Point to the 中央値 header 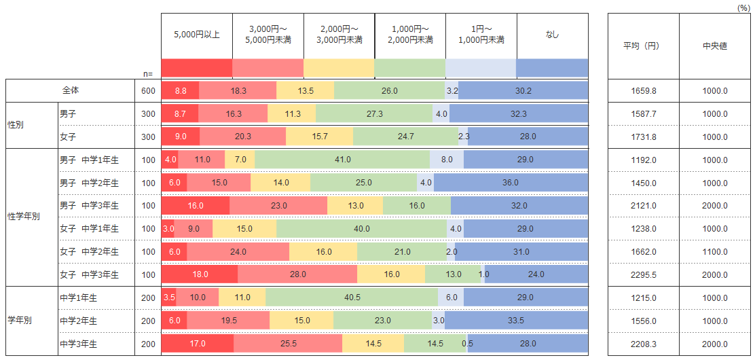point(714,46)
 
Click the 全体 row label point(71,90)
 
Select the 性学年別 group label point(24,217)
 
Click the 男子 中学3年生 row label point(89,205)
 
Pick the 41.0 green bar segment point(342,160)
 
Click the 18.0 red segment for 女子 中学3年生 point(200,274)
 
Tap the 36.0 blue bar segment point(511,183)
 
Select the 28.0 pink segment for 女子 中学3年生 point(297,274)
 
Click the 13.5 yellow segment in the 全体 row point(306,91)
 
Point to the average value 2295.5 point(643,274)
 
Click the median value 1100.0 point(715,251)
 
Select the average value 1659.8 point(643,91)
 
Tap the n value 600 point(148,91)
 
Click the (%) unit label point(743,6)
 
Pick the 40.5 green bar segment point(352,298)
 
